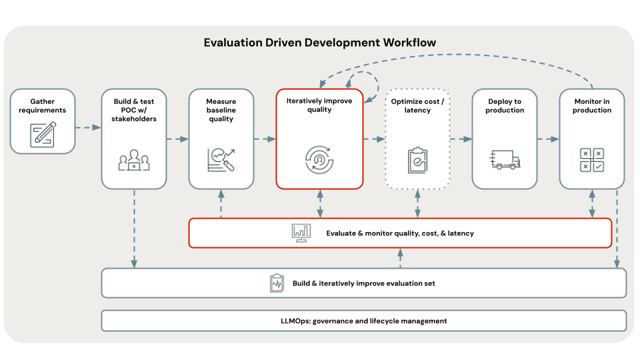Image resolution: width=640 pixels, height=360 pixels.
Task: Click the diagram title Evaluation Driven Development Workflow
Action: pyautogui.click(x=320, y=43)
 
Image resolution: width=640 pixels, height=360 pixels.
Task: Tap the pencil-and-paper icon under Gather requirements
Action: pyautogui.click(x=43, y=134)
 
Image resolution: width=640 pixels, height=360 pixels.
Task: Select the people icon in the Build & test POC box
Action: pyautogui.click(x=134, y=159)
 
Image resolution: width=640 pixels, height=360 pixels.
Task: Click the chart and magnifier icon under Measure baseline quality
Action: pyautogui.click(x=221, y=159)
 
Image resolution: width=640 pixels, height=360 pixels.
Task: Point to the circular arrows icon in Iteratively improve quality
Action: pyautogui.click(x=319, y=159)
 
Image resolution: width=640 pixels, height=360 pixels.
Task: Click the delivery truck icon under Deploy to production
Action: pyautogui.click(x=505, y=159)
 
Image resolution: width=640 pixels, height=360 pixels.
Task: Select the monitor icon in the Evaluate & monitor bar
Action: pyautogui.click(x=301, y=233)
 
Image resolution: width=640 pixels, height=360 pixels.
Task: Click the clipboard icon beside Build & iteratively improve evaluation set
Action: pyautogui.click(x=276, y=283)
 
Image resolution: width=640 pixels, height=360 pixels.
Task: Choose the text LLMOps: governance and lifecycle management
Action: pyautogui.click(x=363, y=321)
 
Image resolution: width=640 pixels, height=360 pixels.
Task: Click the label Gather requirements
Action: pyautogui.click(x=43, y=106)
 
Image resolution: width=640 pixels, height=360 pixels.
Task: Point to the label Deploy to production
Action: pyautogui.click(x=505, y=106)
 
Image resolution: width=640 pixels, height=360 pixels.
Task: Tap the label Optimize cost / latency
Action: pyautogui.click(x=418, y=106)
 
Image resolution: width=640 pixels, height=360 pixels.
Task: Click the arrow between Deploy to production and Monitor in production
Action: pyautogui.click(x=548, y=139)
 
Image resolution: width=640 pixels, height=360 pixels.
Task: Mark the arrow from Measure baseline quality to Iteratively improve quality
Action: pyautogui.click(x=265, y=139)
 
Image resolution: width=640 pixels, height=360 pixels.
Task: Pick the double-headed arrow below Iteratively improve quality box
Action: pyautogui.click(x=320, y=203)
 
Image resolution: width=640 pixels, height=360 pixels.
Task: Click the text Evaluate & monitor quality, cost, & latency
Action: pyautogui.click(x=400, y=233)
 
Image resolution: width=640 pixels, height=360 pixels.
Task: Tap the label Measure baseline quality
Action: pyautogui.click(x=221, y=110)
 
